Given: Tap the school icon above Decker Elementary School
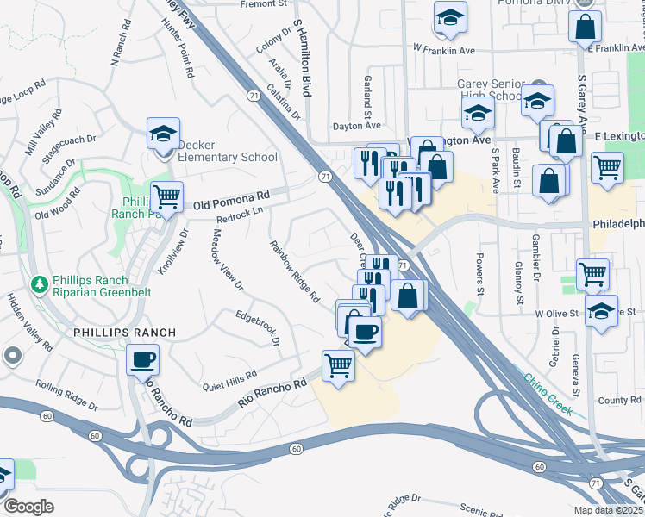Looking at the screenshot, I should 163,134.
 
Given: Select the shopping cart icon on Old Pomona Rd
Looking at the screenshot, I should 166,197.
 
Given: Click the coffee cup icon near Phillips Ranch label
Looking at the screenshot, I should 142,360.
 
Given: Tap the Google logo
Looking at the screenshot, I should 28,507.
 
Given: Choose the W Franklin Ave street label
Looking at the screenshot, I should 444,50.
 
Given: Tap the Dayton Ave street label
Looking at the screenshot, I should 356,126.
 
